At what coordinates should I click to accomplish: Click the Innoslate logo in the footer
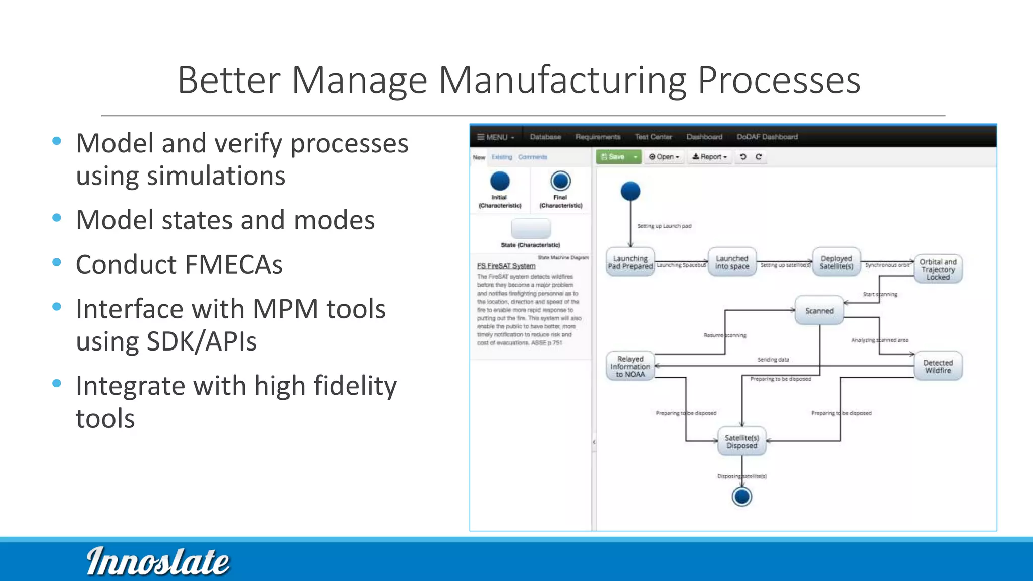(x=158, y=561)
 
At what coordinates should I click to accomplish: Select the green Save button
(x=613, y=157)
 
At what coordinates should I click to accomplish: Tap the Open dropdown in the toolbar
(x=664, y=157)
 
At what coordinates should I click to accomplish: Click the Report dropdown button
(x=709, y=157)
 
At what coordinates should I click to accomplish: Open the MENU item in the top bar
(x=496, y=137)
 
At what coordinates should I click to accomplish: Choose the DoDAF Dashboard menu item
(x=767, y=137)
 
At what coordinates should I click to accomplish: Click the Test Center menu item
(x=653, y=137)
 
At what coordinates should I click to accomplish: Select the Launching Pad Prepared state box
(x=630, y=262)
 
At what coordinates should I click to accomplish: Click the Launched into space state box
(x=732, y=262)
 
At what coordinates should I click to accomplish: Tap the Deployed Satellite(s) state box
(x=836, y=262)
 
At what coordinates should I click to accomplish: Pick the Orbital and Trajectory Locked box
(x=938, y=269)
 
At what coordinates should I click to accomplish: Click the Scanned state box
(x=819, y=311)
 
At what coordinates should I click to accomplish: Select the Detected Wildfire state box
(x=938, y=367)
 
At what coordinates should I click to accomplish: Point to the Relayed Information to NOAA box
(x=630, y=367)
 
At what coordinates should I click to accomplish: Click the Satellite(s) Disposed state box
(x=741, y=442)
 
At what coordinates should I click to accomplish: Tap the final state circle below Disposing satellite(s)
(x=741, y=497)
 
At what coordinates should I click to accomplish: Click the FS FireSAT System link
(x=506, y=266)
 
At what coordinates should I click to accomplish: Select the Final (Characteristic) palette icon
(x=560, y=182)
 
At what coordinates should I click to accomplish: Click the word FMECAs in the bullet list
(x=229, y=265)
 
